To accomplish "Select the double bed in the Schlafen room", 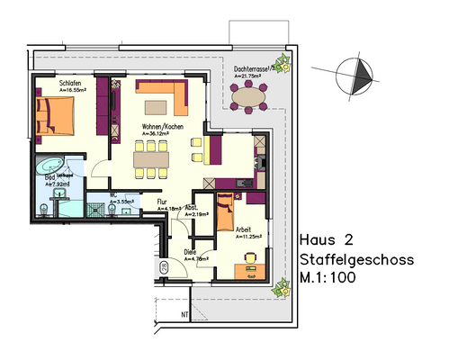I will [x=56, y=115].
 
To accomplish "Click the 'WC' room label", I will [x=113, y=193].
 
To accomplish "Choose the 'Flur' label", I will [x=163, y=202].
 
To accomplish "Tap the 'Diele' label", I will [x=190, y=252].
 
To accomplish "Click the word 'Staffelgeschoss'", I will [x=355, y=260].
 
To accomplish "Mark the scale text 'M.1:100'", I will [x=328, y=279].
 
